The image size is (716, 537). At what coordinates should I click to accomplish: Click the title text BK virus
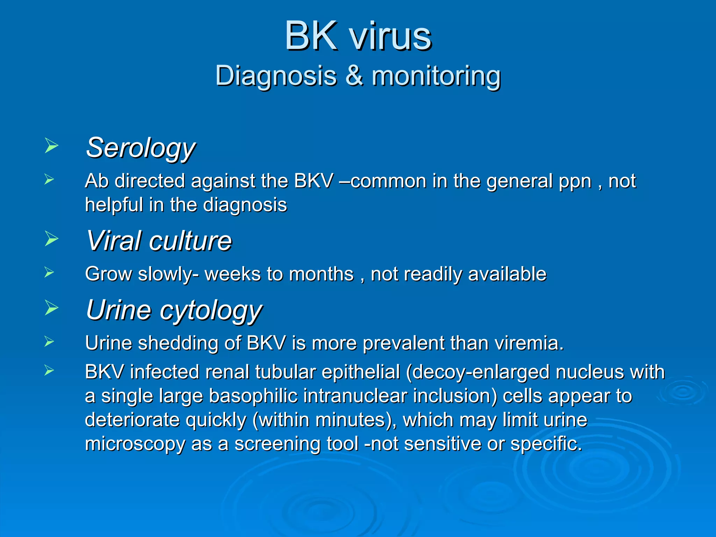point(358,36)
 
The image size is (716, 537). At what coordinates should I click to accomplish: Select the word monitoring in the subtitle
point(436,76)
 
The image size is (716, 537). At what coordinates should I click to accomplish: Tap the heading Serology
point(141,148)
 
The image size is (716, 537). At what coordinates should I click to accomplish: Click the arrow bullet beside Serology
point(51,146)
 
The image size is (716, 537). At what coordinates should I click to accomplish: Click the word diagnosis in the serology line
point(245,205)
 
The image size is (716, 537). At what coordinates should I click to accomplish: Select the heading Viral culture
point(159,241)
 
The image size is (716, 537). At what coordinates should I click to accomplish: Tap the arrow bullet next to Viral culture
point(51,239)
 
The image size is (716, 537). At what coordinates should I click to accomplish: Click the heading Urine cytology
point(174,310)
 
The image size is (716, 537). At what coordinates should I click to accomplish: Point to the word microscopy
point(135,444)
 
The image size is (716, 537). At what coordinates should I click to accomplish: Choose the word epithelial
point(361,372)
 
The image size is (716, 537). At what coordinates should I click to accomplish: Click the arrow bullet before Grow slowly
point(49,272)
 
